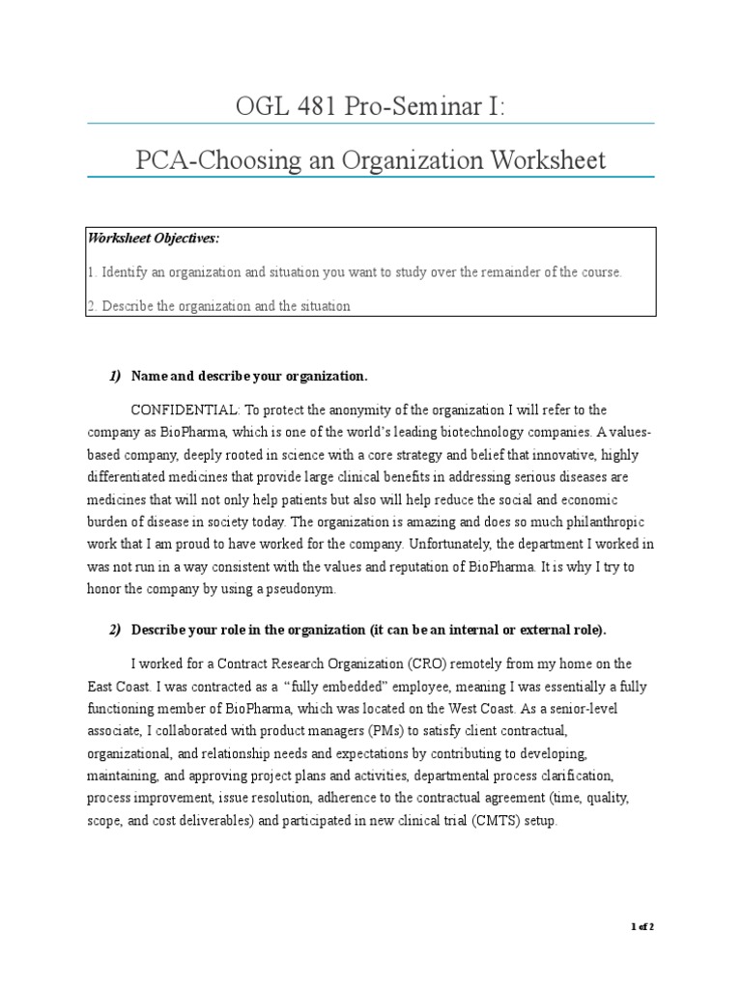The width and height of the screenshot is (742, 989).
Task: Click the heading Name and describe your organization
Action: pos(249,375)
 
